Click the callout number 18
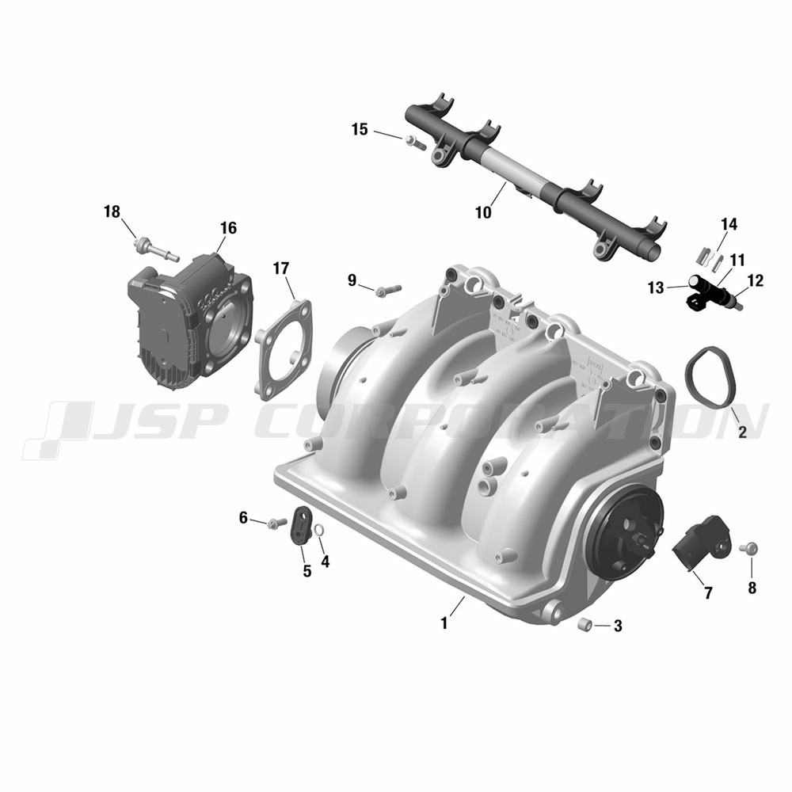click(x=112, y=211)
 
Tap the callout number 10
click(x=483, y=212)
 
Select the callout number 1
click(x=444, y=624)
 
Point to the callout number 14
click(x=729, y=224)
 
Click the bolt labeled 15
click(x=415, y=142)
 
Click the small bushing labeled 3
click(x=584, y=624)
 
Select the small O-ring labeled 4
click(x=318, y=531)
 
